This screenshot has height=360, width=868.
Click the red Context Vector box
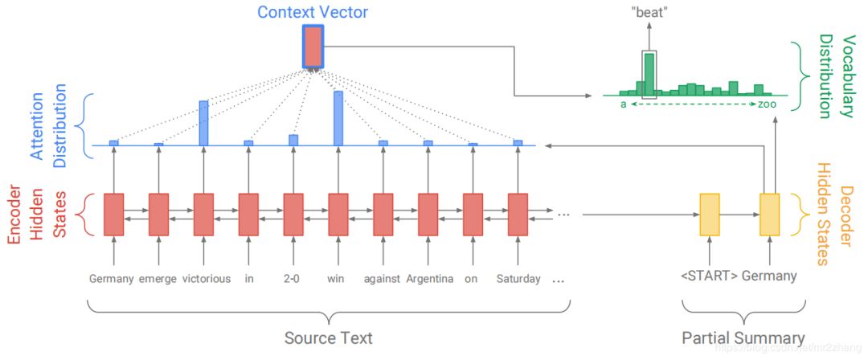(313, 47)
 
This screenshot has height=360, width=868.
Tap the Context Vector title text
(313, 12)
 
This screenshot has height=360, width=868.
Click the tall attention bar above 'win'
(338, 118)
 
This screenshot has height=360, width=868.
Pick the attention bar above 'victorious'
(203, 123)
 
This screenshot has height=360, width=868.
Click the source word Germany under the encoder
(111, 279)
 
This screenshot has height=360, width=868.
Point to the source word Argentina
(429, 279)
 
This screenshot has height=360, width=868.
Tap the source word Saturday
(518, 279)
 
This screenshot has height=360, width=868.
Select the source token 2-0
(293, 279)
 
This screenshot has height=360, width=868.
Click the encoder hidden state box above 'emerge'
(158, 214)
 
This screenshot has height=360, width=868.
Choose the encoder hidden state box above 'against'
(383, 214)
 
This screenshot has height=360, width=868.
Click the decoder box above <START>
(710, 215)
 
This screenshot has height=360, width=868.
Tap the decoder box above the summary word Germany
(770, 215)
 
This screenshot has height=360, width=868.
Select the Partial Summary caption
(743, 338)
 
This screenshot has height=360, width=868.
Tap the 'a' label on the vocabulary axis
(624, 104)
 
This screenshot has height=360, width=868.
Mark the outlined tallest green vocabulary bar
(649, 75)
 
